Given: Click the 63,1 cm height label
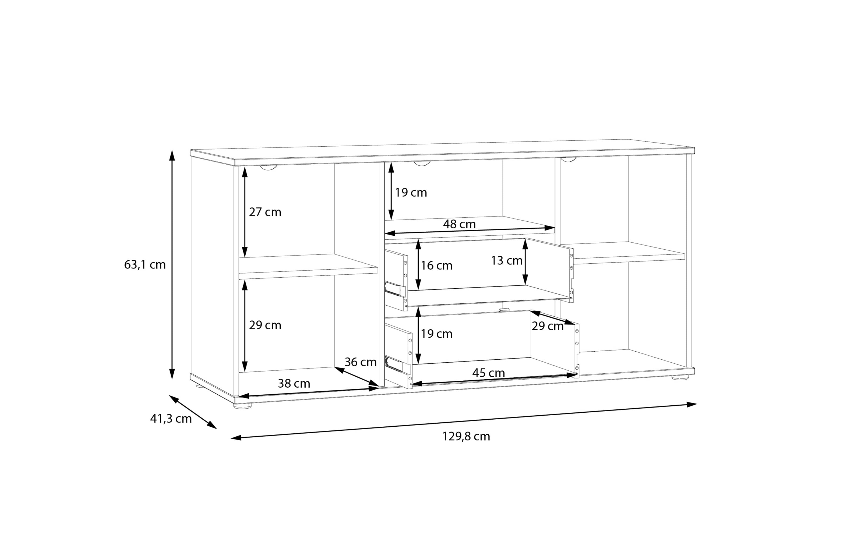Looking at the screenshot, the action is tap(145, 265).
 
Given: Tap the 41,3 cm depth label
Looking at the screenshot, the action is tap(171, 419).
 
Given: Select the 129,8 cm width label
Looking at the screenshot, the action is tap(466, 436).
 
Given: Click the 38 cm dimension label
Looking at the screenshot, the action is tap(294, 384).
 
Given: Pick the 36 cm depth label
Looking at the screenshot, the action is tap(361, 362).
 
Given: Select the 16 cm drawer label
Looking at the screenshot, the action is tap(436, 266).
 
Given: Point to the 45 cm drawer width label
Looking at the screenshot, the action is tap(489, 373).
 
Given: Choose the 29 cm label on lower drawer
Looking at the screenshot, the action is tap(548, 326).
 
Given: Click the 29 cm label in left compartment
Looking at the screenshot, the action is tap(265, 325).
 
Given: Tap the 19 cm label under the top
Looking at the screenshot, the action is tap(411, 193).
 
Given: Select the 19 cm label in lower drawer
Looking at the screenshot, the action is tap(436, 334).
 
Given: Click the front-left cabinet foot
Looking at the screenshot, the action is tap(242, 406).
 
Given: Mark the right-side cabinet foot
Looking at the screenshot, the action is tap(680, 377).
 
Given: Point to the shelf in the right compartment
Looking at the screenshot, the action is tap(623, 253).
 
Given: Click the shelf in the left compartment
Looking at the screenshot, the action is tap(308, 266).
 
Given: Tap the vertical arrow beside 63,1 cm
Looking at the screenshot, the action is tap(172, 265).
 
